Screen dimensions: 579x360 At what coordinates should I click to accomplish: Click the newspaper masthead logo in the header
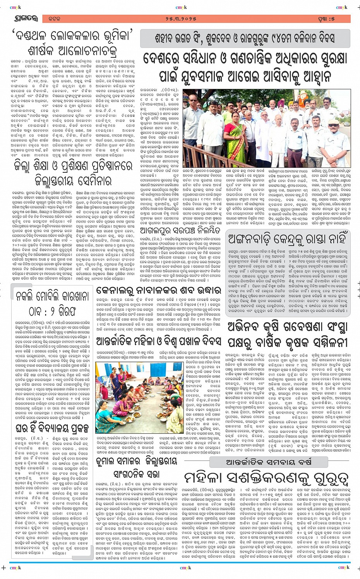click(x=26, y=19)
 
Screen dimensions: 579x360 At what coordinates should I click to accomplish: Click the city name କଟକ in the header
click(x=54, y=19)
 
